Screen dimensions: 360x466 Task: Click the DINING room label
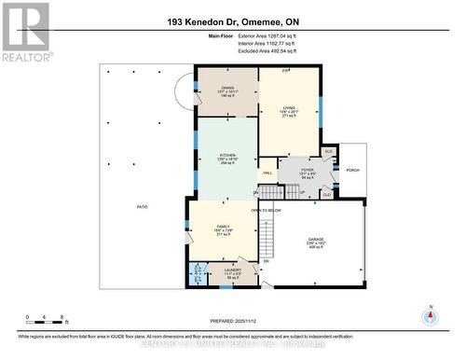coord(227,89)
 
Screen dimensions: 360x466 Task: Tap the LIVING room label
coord(289,107)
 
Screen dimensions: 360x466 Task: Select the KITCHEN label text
coord(227,155)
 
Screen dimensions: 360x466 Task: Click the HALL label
coord(267,173)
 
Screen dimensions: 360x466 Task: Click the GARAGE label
coord(316,240)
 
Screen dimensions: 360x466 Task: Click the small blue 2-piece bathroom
coord(198,273)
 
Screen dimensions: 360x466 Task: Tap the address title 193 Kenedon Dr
coord(233,21)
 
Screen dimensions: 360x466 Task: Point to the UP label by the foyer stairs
coord(301,192)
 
